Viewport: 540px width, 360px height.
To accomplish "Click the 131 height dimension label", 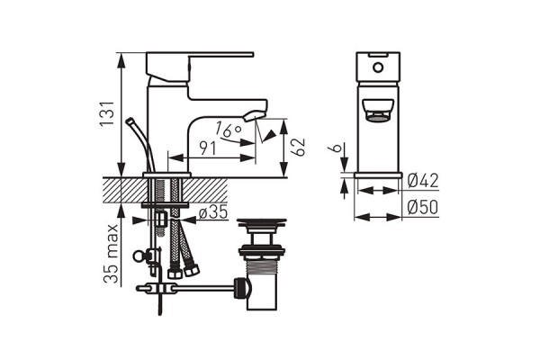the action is point(106,113).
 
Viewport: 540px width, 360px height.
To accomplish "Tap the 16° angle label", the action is point(228,130).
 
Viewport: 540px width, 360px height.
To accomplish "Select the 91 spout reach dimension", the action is point(208,148).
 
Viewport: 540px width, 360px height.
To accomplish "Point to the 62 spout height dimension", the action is point(298,147).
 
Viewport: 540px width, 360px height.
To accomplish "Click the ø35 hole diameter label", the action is point(213,211).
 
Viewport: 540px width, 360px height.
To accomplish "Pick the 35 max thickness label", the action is point(112,254).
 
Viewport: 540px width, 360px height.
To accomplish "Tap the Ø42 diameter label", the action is point(423,181).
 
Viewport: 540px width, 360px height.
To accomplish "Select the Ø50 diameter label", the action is point(423,207).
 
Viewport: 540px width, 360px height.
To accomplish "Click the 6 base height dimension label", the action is point(337,148).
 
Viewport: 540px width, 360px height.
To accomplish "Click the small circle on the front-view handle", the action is point(378,67).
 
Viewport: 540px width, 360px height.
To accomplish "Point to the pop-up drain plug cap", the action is point(261,223).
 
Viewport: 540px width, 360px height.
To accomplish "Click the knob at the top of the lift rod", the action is point(130,121).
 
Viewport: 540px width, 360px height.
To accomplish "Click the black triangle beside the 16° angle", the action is point(270,136).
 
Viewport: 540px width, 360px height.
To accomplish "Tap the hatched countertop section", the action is point(166,190).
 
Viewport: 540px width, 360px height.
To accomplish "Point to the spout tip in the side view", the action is point(256,115).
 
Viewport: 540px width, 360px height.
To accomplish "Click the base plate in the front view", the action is point(378,175).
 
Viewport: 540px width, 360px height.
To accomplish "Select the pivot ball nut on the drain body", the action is point(242,288).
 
